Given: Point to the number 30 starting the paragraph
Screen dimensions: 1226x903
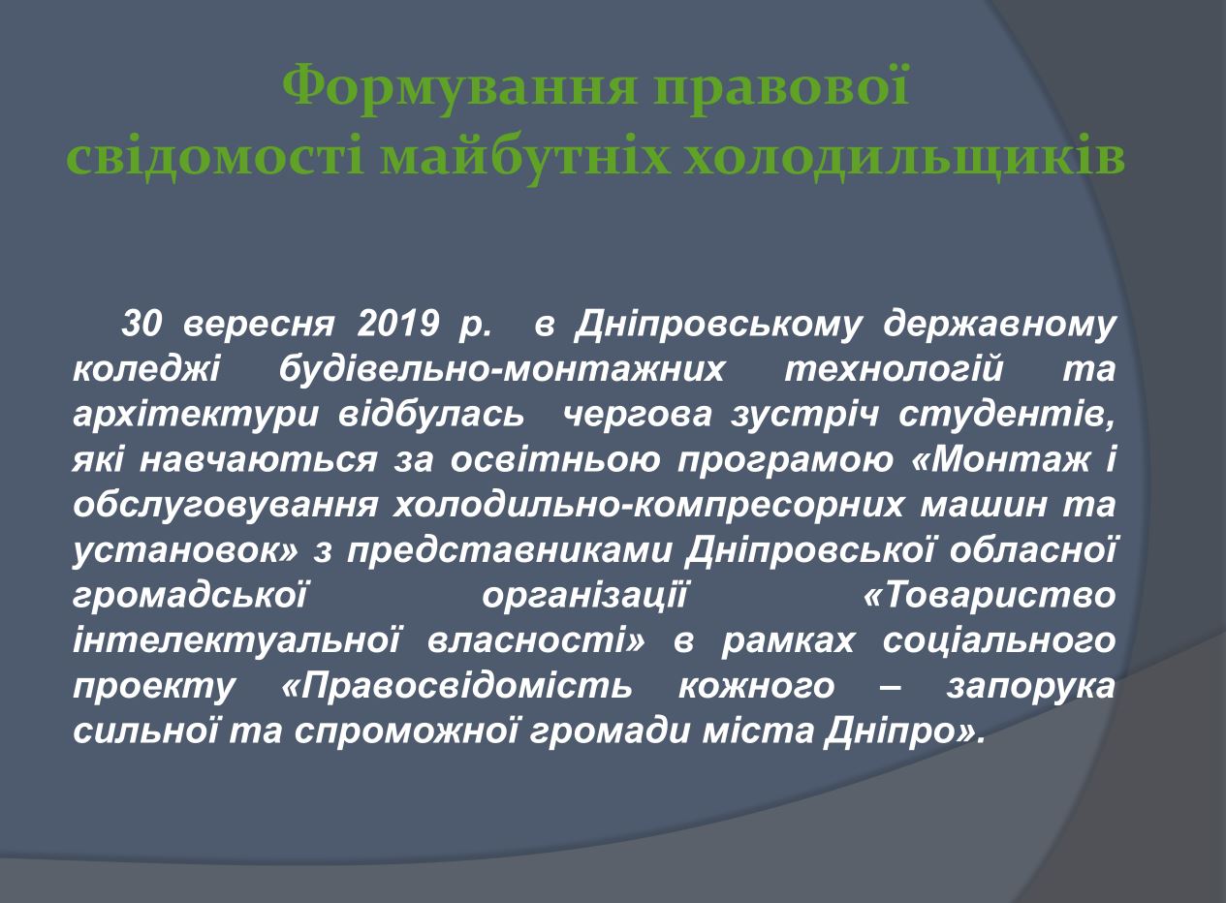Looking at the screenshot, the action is (141, 323).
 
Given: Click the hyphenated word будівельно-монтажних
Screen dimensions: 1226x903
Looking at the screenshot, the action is (501, 370).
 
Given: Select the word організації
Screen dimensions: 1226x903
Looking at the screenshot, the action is (584, 598).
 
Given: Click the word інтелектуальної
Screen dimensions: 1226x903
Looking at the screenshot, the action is (236, 640).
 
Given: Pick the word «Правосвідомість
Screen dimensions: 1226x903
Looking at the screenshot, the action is (457, 687).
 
